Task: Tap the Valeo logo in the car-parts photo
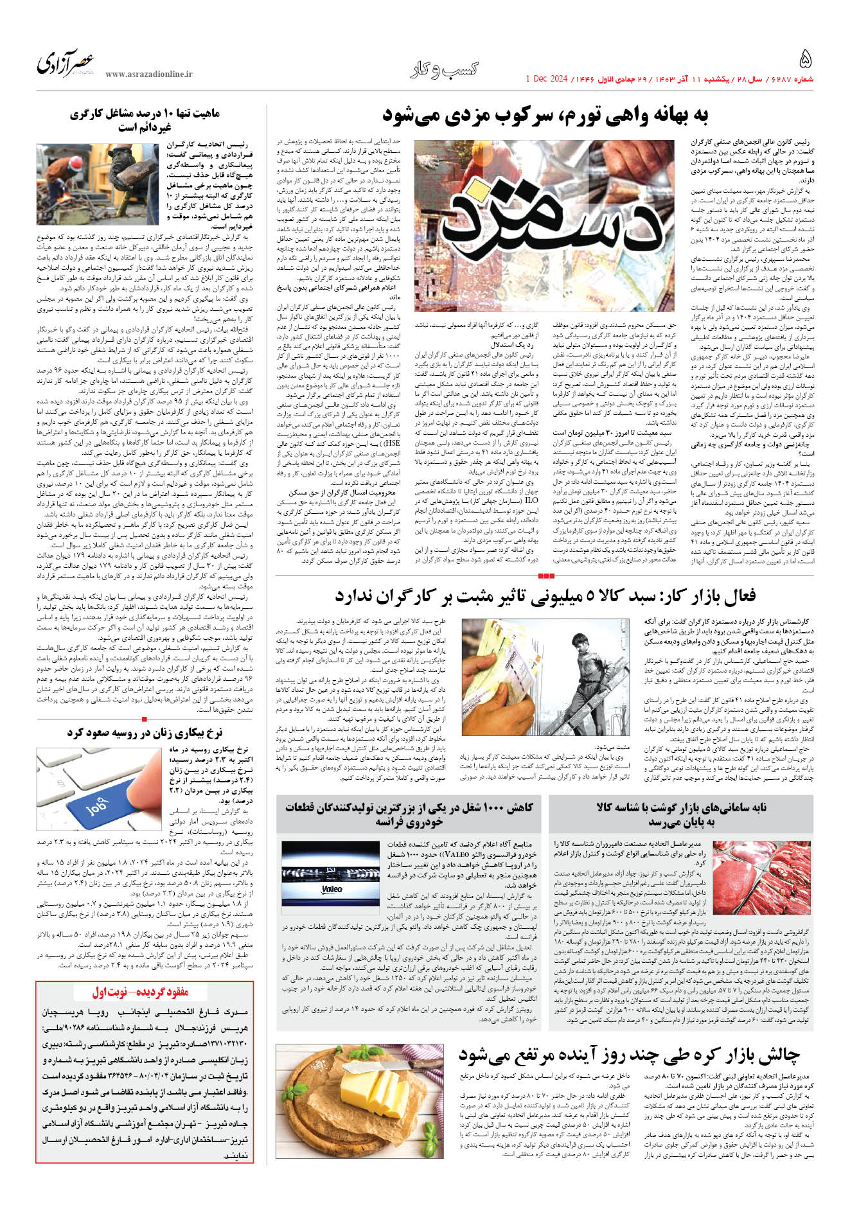(332, 889)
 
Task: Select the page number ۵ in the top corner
(805, 60)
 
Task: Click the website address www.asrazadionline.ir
(148, 75)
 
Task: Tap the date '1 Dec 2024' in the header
(546, 79)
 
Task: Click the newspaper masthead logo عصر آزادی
(66, 64)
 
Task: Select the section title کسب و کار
(445, 69)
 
